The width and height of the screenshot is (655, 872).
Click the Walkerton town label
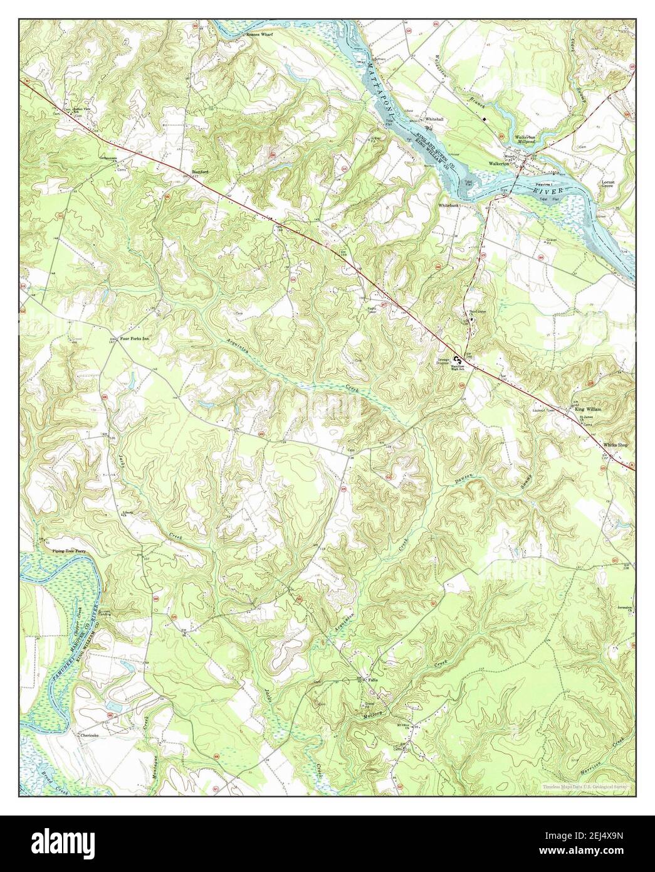tap(501, 165)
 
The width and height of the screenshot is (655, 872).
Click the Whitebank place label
tap(449, 205)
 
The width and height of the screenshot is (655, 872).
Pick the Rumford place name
tap(199, 171)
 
